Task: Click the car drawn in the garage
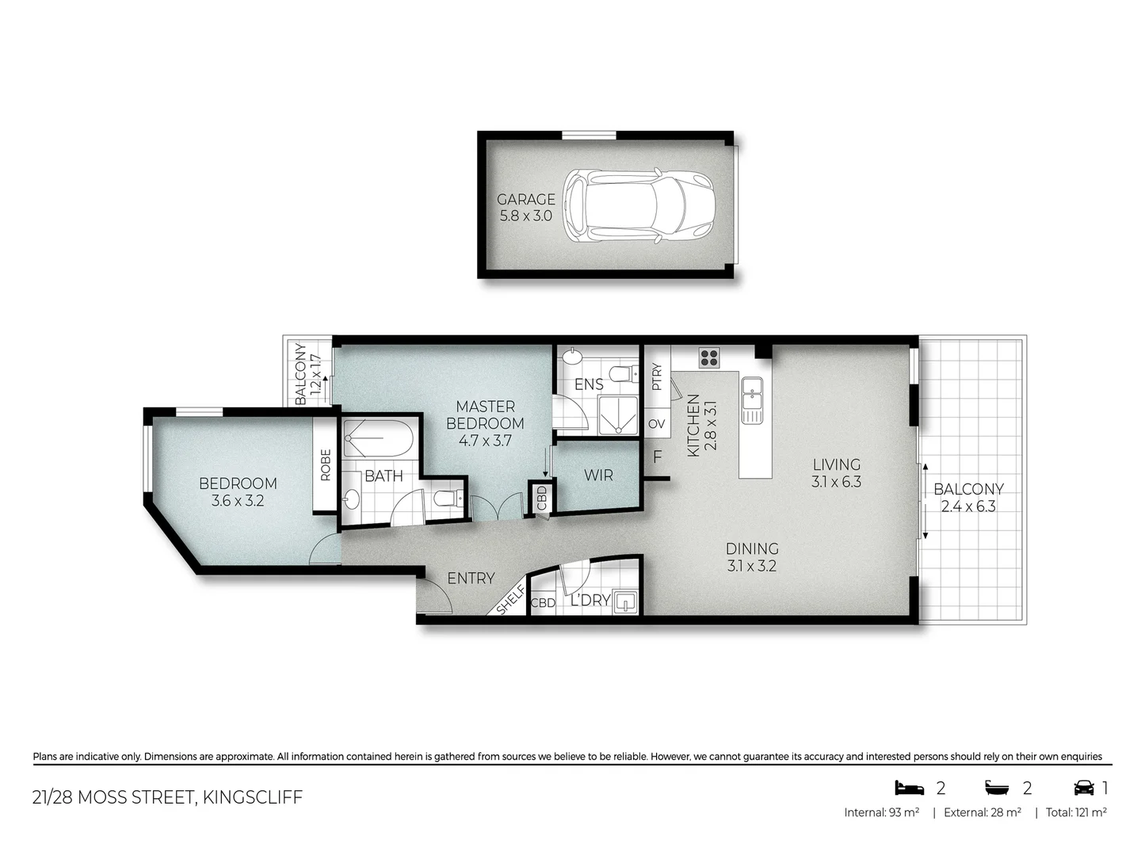640,206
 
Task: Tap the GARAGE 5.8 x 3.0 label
525,208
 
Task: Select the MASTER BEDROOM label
485,423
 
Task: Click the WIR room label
598,476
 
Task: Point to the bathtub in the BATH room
378,438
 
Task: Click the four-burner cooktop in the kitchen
708,357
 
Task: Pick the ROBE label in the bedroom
326,465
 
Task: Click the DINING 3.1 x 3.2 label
752,557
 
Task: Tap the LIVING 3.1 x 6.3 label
836,473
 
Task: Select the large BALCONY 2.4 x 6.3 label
968,498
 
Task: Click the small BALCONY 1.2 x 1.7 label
307,373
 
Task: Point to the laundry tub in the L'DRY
626,602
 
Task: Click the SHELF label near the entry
511,600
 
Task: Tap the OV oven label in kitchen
657,424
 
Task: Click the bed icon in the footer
910,788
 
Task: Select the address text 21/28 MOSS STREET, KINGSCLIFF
167,797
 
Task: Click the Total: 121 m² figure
1075,812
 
